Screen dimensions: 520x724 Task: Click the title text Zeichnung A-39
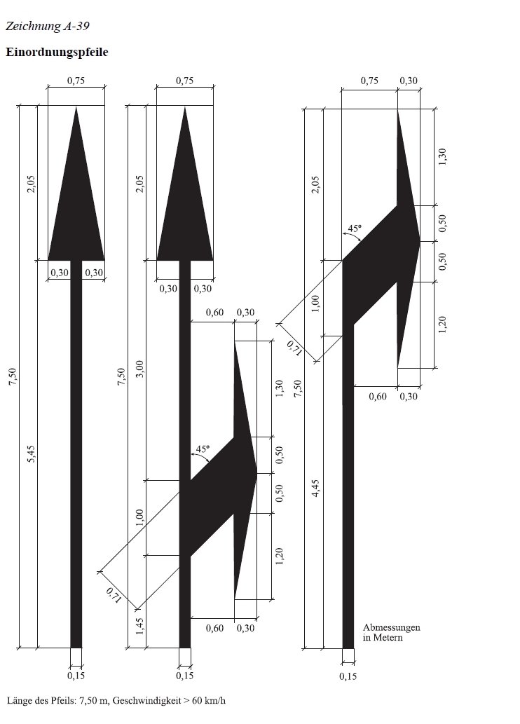tap(47, 26)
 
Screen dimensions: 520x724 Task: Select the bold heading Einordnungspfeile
tap(57, 52)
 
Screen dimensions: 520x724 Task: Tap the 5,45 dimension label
tap(32, 454)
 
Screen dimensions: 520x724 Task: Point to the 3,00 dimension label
tap(140, 369)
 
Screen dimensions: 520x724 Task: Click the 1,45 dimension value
tap(140, 627)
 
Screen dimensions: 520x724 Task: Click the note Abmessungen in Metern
tap(392, 633)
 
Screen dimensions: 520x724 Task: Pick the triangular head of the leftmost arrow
tap(76, 198)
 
